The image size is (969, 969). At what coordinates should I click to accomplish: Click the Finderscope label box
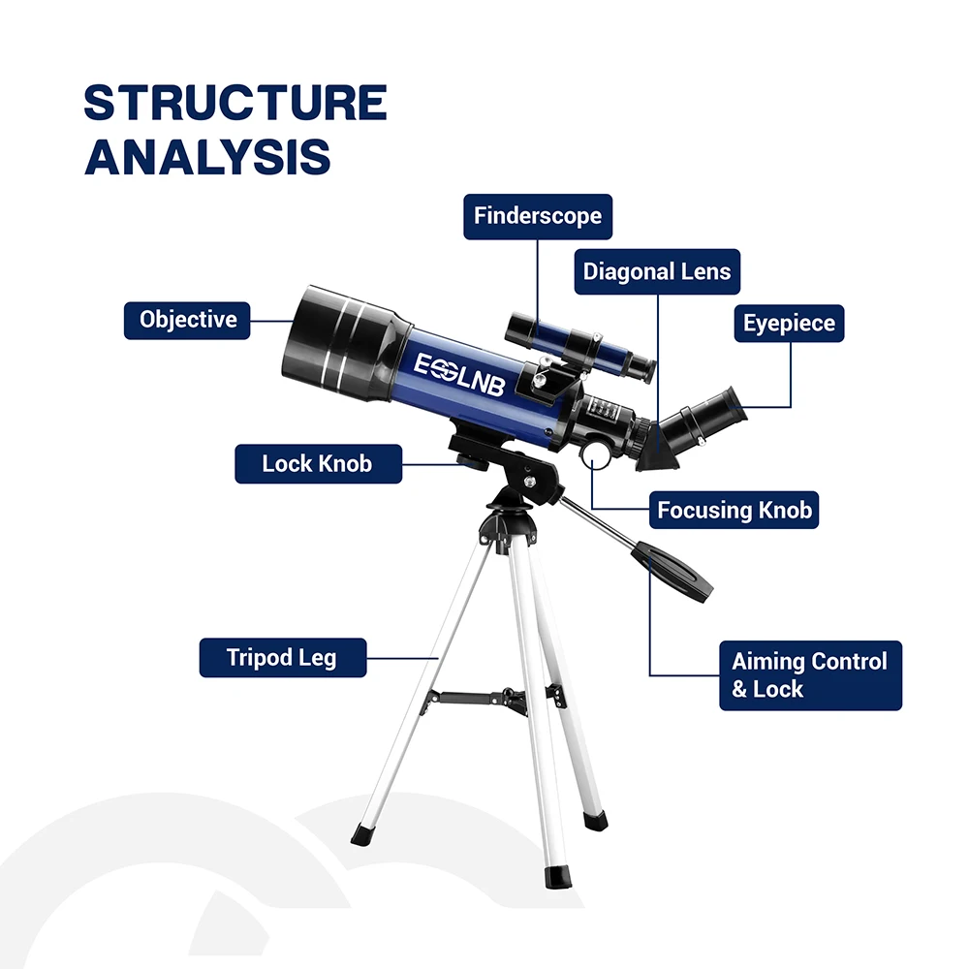click(538, 215)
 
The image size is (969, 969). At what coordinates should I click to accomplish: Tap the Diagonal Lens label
click(657, 271)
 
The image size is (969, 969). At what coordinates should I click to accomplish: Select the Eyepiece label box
click(789, 323)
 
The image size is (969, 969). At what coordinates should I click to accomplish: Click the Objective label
click(187, 319)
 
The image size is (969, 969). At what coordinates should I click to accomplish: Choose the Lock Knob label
click(317, 463)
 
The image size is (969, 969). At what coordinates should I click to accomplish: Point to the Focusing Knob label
click(735, 510)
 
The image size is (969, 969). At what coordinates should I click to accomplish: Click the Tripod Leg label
click(282, 658)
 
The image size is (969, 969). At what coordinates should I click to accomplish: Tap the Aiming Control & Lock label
click(809, 675)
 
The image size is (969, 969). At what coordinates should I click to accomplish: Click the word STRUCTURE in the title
click(235, 104)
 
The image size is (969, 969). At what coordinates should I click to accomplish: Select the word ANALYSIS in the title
click(207, 158)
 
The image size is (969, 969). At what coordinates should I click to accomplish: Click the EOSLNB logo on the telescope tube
click(460, 373)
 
